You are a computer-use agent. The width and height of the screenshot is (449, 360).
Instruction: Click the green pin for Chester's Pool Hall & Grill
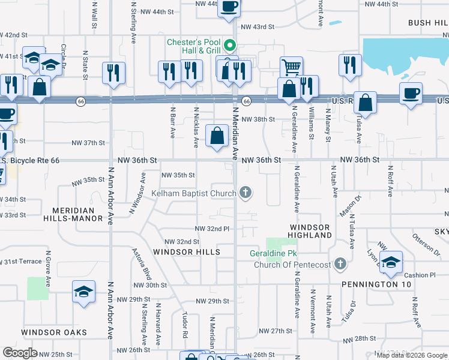coord(229,45)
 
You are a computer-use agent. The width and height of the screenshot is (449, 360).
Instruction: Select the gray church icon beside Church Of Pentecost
coord(340,264)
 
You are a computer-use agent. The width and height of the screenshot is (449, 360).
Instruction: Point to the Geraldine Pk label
coord(273,254)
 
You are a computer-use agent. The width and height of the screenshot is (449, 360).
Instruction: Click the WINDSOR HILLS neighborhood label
coord(186,252)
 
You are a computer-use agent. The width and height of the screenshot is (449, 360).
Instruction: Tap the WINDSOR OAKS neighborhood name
coord(54,332)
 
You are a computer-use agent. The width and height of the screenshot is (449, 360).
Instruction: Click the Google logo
coord(20,352)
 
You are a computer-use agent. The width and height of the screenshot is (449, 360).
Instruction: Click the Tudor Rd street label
coord(185,324)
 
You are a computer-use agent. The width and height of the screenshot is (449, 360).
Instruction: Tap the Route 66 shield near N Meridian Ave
coord(246,101)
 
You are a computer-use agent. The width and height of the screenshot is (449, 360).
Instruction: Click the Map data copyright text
coord(412,355)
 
